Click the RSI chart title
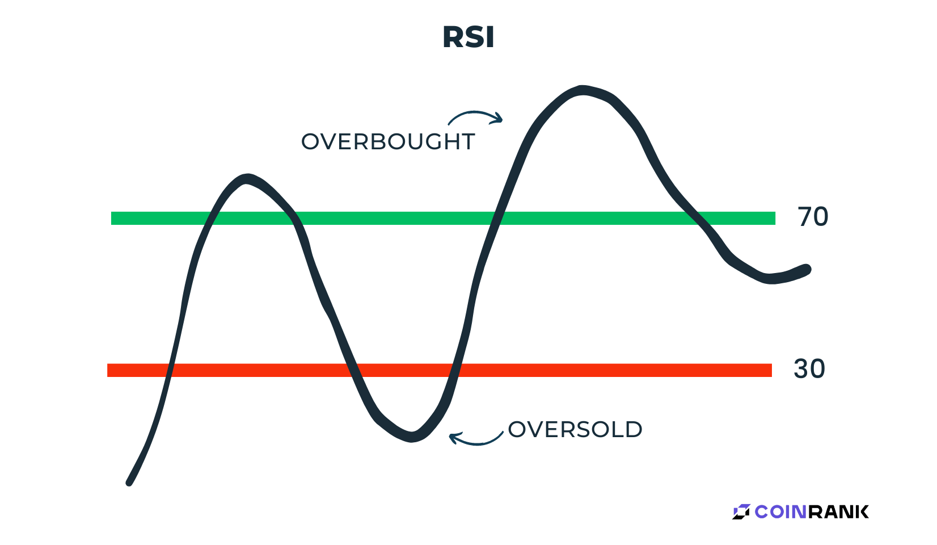[468, 37]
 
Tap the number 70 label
[813, 217]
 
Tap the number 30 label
[809, 369]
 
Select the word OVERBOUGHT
[388, 141]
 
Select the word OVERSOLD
[575, 429]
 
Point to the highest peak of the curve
[583, 90]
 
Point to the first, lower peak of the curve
[248, 179]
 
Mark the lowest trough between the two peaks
[412, 437]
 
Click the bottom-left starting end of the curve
[129, 483]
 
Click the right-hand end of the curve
[807, 270]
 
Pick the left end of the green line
[112, 218]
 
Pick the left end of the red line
[108, 371]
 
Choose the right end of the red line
[771, 371]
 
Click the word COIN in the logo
[780, 512]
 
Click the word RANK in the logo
[838, 512]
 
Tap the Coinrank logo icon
[741, 512]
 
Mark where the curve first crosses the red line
[168, 371]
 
